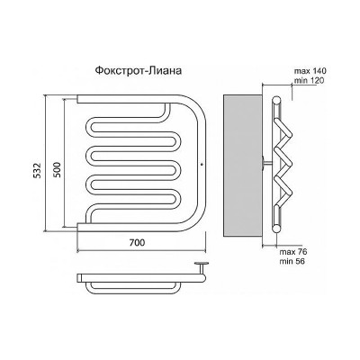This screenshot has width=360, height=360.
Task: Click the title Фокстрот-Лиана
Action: tap(138, 70)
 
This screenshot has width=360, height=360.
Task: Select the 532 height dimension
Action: tap(37, 171)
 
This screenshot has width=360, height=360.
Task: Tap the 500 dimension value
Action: tap(57, 170)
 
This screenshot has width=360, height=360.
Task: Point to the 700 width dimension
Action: tap(137, 242)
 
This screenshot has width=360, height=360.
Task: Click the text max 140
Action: tap(310, 71)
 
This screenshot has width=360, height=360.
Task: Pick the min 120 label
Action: tap(309, 80)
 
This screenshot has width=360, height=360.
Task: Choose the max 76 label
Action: tap(293, 252)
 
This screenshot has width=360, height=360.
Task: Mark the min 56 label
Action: tap(292, 261)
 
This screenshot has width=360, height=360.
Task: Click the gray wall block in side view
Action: tap(242, 165)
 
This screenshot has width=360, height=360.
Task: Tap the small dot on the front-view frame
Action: tap(202, 164)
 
